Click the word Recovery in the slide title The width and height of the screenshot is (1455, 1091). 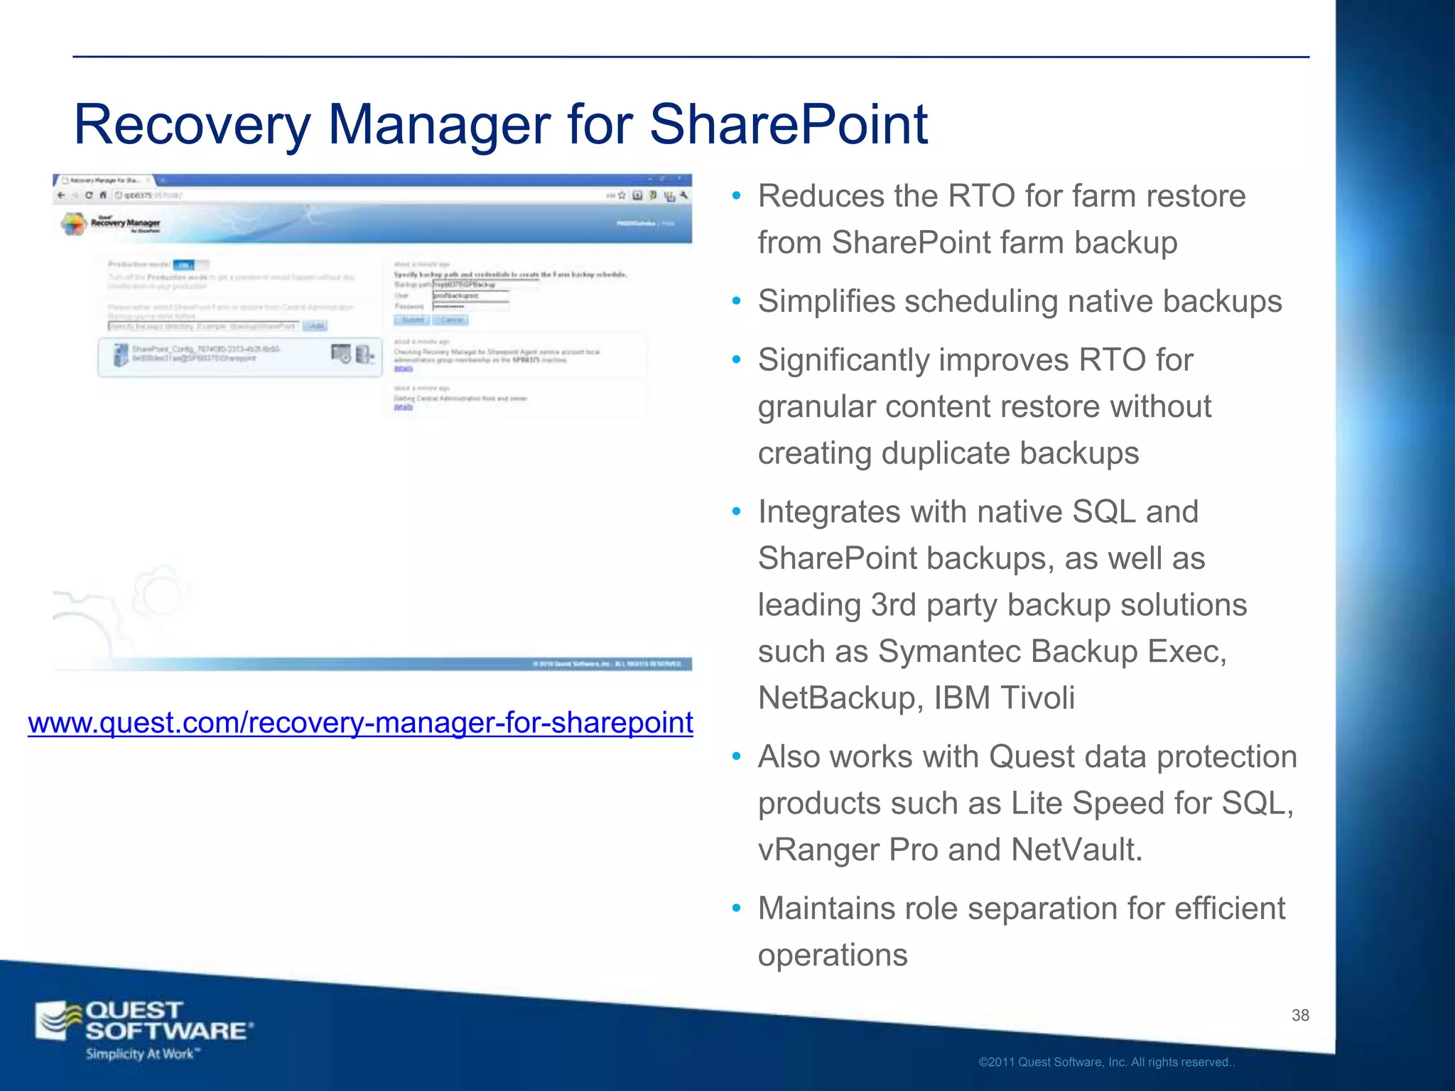(192, 125)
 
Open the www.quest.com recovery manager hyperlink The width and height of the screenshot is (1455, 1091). (360, 722)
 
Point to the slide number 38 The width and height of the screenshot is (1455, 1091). (1300, 1015)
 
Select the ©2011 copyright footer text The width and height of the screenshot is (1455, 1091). (1106, 1063)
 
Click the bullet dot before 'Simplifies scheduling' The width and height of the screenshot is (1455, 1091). (737, 302)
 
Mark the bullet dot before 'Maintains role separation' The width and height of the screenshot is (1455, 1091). (737, 908)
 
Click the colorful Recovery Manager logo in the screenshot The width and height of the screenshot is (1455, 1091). (74, 224)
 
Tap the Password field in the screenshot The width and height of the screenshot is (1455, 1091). (470, 306)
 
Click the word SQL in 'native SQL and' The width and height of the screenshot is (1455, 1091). (1103, 512)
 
